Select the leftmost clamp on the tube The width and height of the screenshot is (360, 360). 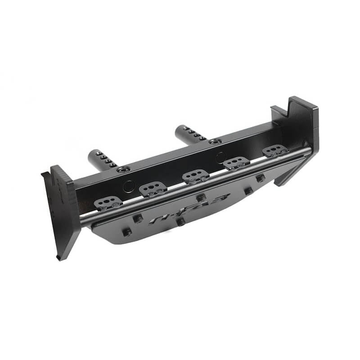[x=108, y=203]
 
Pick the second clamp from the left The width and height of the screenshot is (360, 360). [x=153, y=189]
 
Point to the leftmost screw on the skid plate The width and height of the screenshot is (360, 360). [x=127, y=232]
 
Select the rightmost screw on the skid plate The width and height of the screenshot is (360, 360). [x=261, y=178]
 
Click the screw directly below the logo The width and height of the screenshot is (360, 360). [x=180, y=222]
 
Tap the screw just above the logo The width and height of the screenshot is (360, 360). [x=201, y=197]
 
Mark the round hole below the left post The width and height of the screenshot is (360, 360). [x=129, y=186]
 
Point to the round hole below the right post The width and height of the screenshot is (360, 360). [x=220, y=157]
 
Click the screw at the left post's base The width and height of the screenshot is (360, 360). [x=122, y=170]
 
